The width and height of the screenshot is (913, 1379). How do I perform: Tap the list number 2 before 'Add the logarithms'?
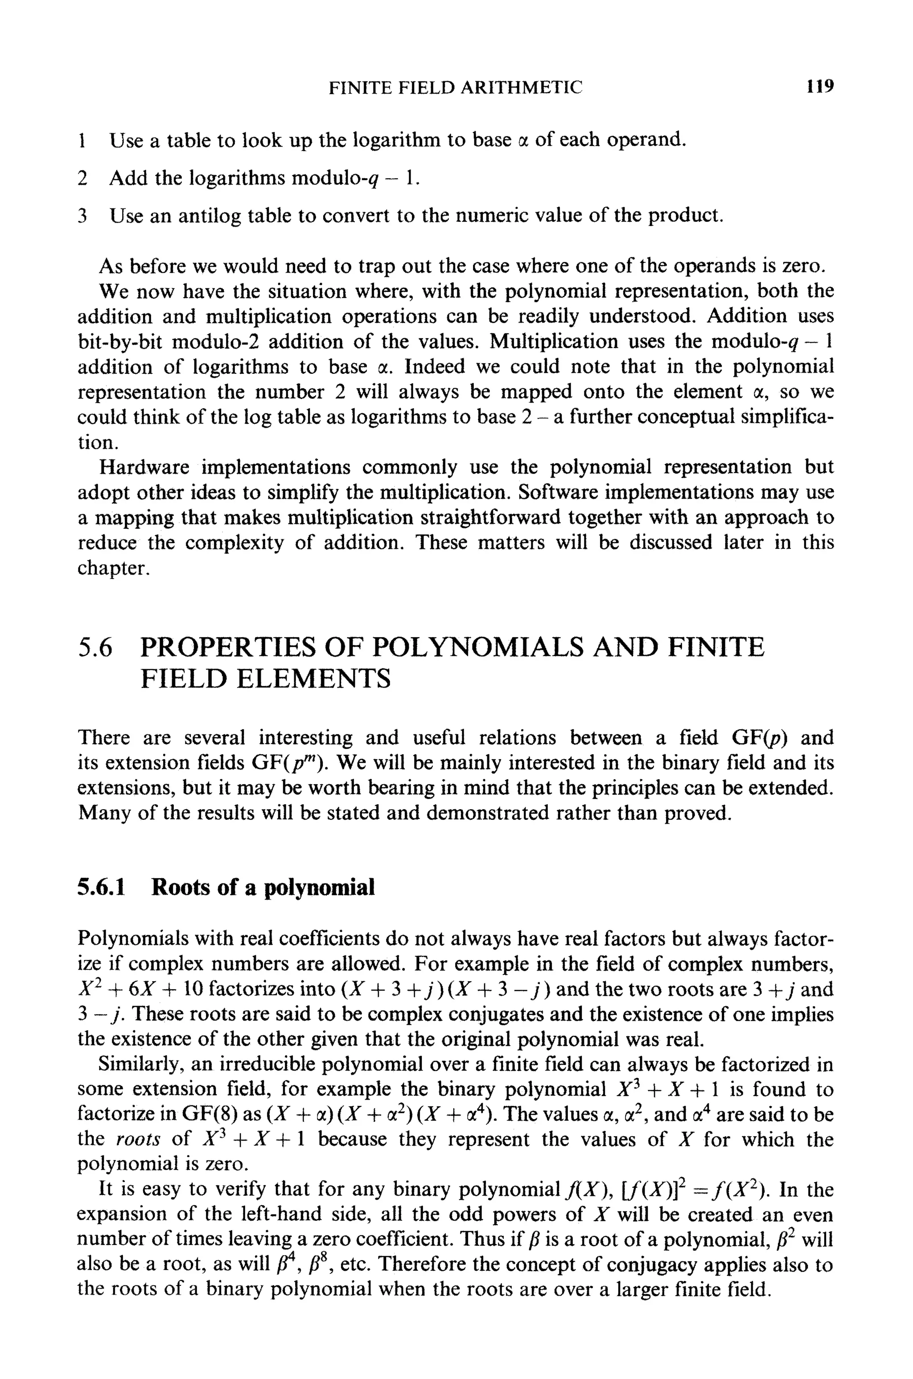[82, 178]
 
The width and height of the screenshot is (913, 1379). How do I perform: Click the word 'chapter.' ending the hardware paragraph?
[114, 568]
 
